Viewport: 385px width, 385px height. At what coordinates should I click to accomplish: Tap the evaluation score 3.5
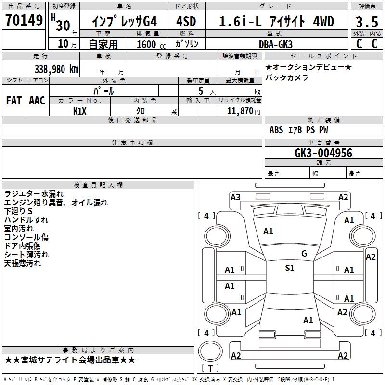[x=367, y=22]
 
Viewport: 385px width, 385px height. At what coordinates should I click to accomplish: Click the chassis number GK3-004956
[x=323, y=153]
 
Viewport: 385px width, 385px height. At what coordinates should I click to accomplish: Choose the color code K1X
[x=80, y=111]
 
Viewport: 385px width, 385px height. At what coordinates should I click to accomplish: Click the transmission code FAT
[x=13, y=100]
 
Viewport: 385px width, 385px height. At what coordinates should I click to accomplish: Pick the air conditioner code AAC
[x=37, y=100]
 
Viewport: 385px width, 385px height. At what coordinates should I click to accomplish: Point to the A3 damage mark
[x=235, y=197]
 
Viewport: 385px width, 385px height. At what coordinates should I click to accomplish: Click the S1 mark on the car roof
[x=289, y=268]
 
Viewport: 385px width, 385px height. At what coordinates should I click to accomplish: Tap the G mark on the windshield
[x=304, y=253]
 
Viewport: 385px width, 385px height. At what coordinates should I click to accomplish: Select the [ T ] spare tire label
[x=210, y=368]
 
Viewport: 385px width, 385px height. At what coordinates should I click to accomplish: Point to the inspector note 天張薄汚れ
[x=23, y=263]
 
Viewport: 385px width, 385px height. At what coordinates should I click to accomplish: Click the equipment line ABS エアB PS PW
[x=299, y=129]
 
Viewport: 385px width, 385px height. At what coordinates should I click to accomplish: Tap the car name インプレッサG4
[x=124, y=22]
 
